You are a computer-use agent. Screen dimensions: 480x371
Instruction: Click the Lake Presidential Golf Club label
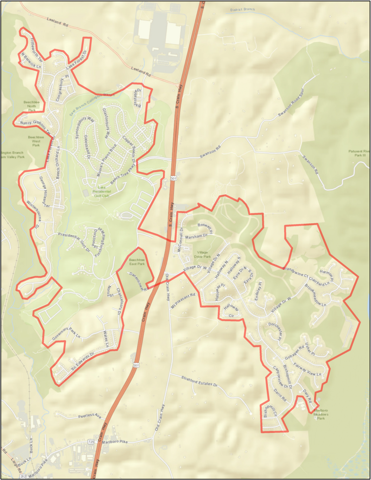[x=101, y=191]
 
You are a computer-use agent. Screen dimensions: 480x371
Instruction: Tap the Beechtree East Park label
[x=137, y=262]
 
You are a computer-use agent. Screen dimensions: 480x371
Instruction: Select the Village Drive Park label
[x=202, y=254]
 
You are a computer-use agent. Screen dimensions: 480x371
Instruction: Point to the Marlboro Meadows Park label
[x=321, y=414]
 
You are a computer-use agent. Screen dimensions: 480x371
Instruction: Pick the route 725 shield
[x=91, y=442]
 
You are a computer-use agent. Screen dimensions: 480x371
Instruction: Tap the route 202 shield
[x=23, y=476]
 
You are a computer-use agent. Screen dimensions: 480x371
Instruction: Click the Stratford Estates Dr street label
[x=199, y=381]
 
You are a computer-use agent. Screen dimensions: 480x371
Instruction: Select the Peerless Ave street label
[x=89, y=416]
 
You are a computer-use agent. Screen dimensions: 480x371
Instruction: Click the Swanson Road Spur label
[x=291, y=102]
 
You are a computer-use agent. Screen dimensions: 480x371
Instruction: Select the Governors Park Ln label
[x=66, y=333]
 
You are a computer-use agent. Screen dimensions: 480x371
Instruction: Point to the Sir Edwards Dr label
[x=83, y=361]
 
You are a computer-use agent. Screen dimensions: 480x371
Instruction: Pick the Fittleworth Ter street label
[x=37, y=49]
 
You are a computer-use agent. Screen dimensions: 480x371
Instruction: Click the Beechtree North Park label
[x=32, y=106]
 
